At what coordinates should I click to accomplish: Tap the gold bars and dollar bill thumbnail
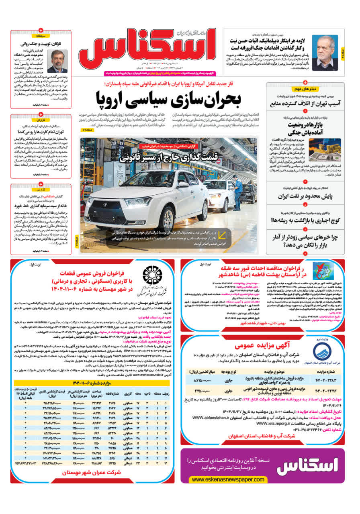tap(325, 150)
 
